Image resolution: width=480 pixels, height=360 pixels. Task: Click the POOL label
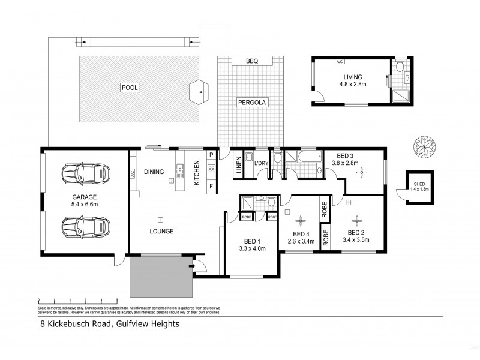coord(130,88)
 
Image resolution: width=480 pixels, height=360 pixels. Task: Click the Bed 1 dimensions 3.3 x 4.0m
coord(252,248)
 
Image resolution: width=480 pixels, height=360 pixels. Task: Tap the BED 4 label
coord(301,234)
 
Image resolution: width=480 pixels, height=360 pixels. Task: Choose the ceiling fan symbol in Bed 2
coord(355,219)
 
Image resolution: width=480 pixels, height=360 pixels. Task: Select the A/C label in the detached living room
coord(340,62)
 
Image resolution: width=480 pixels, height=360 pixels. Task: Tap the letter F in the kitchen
coord(211,185)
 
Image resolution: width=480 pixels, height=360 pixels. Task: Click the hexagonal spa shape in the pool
coord(199,92)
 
